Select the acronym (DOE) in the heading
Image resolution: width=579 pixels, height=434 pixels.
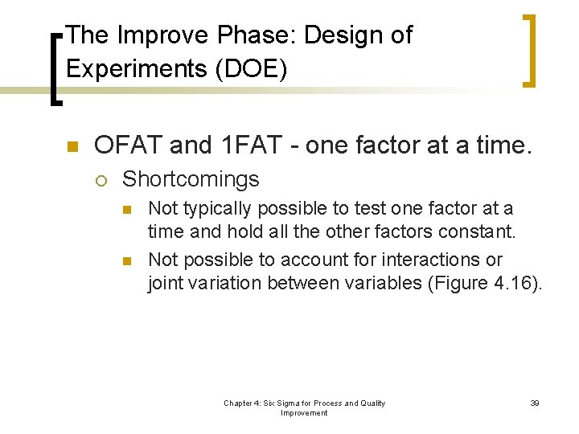[x=252, y=69]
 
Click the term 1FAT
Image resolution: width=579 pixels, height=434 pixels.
[x=250, y=145]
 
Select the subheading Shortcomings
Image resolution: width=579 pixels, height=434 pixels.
[x=191, y=178]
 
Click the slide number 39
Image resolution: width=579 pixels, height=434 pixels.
[x=534, y=403]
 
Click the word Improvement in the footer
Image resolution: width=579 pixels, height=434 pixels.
[x=304, y=413]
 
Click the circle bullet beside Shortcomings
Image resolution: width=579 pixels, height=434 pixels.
[x=100, y=179]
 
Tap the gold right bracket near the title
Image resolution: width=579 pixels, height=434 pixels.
[x=530, y=50]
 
